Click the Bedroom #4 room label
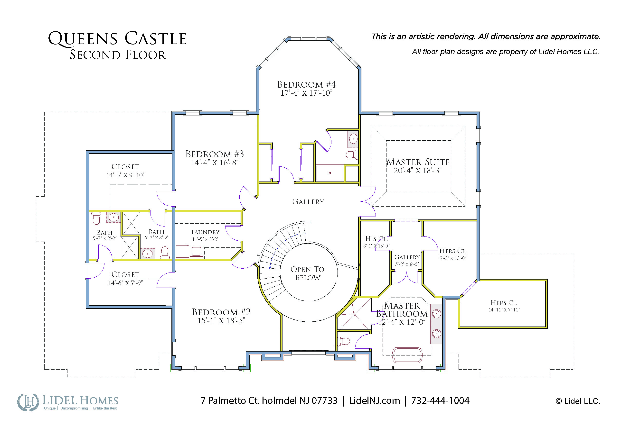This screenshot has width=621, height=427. [x=306, y=84]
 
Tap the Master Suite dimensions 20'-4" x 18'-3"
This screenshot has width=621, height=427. [x=417, y=171]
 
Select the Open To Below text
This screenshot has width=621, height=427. [x=307, y=273]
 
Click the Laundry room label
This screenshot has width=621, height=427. [x=205, y=232]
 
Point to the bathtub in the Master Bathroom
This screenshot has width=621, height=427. [x=407, y=355]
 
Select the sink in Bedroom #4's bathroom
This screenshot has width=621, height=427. [x=353, y=139]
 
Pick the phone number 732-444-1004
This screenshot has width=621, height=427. [x=440, y=400]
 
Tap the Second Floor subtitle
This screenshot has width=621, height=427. [x=118, y=55]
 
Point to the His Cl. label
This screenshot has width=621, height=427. [x=376, y=239]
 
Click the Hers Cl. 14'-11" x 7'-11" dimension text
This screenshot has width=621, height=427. [x=504, y=310]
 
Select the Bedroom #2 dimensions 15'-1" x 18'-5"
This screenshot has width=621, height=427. [x=221, y=320]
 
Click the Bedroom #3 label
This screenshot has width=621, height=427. [x=215, y=154]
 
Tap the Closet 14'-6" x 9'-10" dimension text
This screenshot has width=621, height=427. [x=125, y=175]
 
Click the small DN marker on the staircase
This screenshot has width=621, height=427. [x=304, y=233]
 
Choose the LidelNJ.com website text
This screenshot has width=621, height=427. [x=374, y=400]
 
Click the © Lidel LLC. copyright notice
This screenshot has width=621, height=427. [x=578, y=401]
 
